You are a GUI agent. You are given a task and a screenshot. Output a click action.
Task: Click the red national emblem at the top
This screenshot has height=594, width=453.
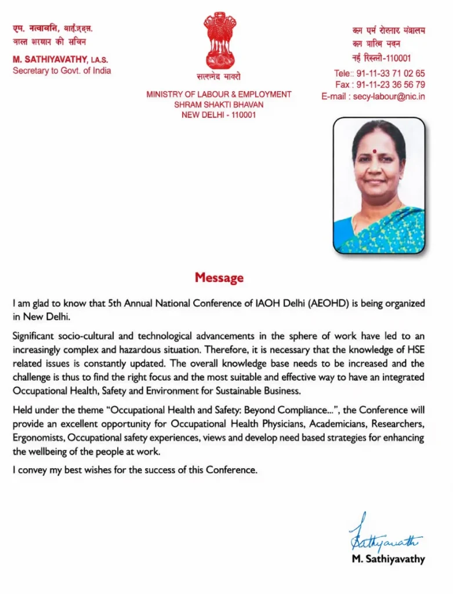[x=219, y=41]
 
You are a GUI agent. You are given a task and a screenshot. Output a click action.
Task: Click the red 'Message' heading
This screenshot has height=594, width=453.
[x=219, y=278]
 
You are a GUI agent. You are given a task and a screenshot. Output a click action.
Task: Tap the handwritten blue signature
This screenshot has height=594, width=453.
[x=384, y=535]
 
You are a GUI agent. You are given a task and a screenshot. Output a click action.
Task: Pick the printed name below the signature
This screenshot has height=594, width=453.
[x=388, y=560]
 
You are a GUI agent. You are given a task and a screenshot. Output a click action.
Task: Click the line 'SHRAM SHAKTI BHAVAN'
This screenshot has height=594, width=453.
[x=219, y=104]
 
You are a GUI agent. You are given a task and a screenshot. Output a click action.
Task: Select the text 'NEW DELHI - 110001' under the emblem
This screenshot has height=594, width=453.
[x=219, y=115]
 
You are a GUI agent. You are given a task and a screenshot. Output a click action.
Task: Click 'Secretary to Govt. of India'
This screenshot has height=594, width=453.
[x=61, y=71]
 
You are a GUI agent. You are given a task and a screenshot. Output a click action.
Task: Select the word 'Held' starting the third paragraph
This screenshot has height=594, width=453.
[x=22, y=410]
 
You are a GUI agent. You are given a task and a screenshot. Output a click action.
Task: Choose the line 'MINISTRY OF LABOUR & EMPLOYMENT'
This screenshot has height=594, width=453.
[x=219, y=94]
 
